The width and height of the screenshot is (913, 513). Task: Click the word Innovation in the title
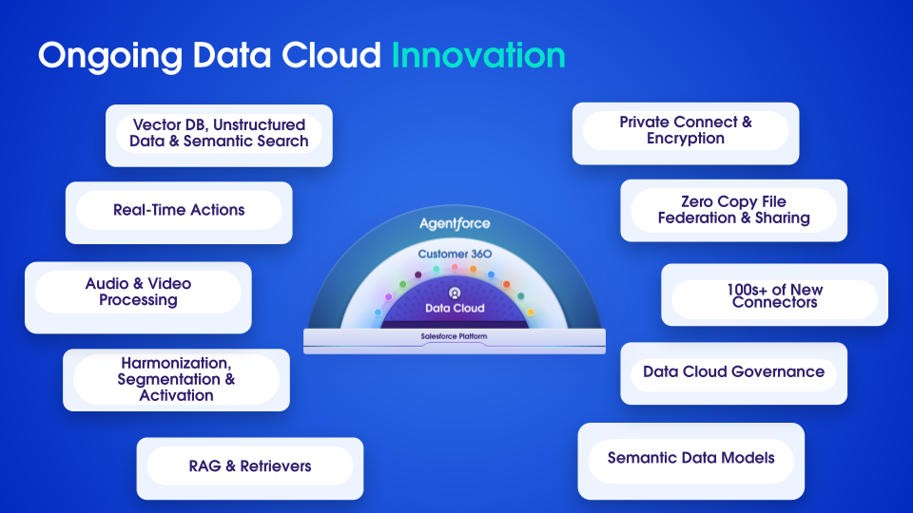[x=478, y=55]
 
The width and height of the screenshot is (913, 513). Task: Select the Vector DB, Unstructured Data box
[x=220, y=134]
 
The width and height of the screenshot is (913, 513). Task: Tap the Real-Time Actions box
[x=179, y=211]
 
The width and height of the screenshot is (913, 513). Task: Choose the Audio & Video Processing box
[x=138, y=293]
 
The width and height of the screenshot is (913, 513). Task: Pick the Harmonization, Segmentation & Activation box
[x=176, y=380]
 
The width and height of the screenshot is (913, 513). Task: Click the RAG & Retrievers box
[x=250, y=466]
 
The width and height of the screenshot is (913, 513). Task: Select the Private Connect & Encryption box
[x=685, y=131]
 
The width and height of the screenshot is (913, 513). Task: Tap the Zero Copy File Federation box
[x=733, y=211]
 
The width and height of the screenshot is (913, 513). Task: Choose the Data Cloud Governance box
[x=733, y=372]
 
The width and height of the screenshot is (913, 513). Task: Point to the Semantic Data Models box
[x=691, y=459]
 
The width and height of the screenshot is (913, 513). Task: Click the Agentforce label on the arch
[x=455, y=224]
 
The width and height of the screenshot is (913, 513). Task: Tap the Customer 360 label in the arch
[x=455, y=255]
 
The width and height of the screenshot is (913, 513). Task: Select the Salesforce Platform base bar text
[x=455, y=337]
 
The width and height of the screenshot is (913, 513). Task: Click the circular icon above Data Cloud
[x=455, y=294]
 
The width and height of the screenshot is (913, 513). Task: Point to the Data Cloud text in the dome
[x=455, y=309]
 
